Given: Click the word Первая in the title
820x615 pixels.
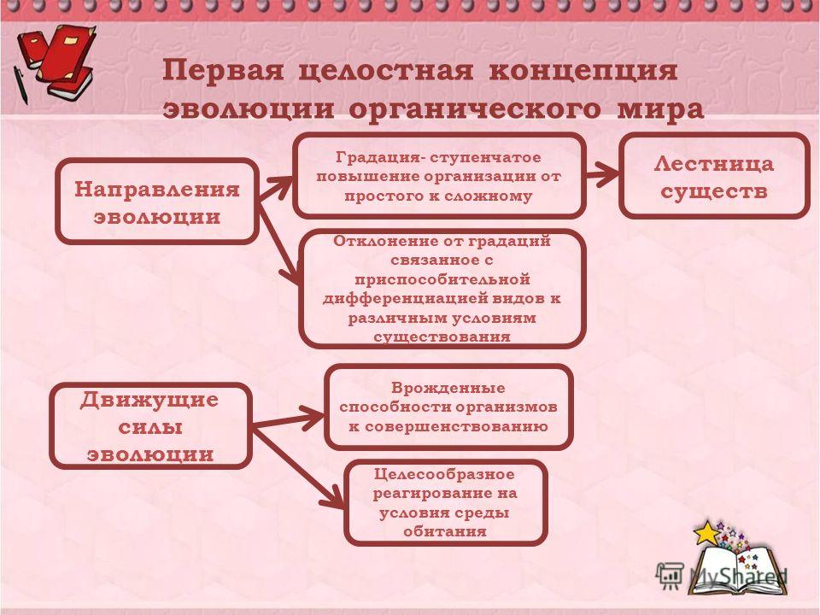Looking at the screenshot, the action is (223, 69).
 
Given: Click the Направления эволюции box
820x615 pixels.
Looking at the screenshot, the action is (157, 202).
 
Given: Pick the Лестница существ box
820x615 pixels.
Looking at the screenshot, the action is (714, 176).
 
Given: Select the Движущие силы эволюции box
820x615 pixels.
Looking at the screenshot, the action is (150, 426).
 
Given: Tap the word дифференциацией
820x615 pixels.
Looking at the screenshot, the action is (405, 299).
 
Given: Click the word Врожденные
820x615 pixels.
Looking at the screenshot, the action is (448, 388).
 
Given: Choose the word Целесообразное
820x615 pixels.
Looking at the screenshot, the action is (444, 474).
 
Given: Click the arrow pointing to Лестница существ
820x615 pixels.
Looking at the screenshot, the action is (602, 174).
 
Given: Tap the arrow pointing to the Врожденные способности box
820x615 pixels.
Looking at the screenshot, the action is (289, 420).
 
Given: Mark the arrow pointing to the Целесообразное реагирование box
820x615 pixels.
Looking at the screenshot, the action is (298, 467).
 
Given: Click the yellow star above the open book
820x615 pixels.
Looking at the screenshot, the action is (706, 532).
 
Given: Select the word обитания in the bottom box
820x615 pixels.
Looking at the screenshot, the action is (445, 532).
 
